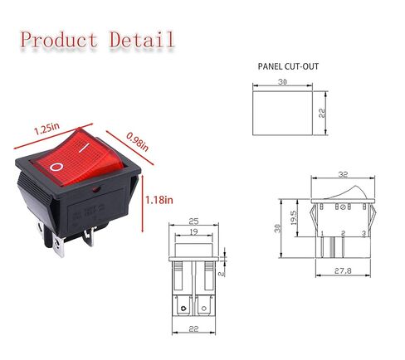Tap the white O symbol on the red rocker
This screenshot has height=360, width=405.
(56, 168)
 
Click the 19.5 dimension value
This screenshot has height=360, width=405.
(295, 217)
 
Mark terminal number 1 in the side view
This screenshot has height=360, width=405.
(322, 234)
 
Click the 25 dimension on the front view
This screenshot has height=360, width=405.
(193, 222)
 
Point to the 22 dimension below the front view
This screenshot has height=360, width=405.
(192, 330)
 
